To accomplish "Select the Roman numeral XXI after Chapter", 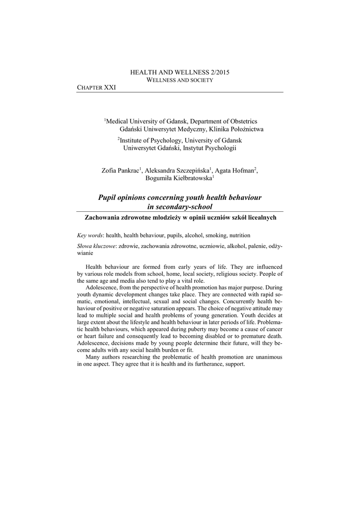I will click(109, 87).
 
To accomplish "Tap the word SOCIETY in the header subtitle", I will click(200, 80).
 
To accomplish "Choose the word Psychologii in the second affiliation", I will click(222, 148).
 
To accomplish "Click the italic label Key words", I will click(87, 235).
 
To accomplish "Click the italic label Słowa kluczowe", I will click(96, 246).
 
